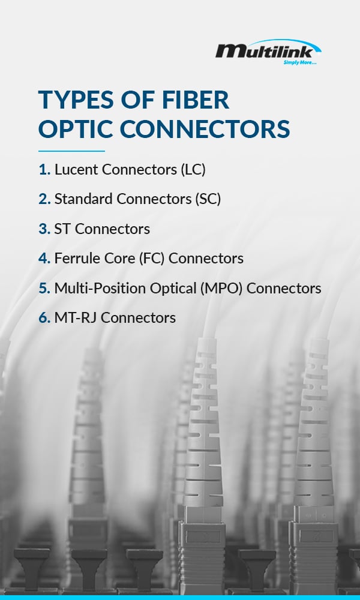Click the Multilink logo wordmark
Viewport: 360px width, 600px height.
[x=268, y=50]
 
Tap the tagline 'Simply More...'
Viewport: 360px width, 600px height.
[x=300, y=62]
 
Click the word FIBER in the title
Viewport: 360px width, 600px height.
[x=196, y=100]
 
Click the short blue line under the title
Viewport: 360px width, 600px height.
[x=71, y=151]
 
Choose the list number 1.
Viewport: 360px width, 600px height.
[x=44, y=170]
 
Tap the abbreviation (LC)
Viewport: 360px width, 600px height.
[x=193, y=170]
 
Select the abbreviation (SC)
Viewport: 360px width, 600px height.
[x=208, y=199]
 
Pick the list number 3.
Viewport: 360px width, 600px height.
[x=44, y=229]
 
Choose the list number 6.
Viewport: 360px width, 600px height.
[x=44, y=317]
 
